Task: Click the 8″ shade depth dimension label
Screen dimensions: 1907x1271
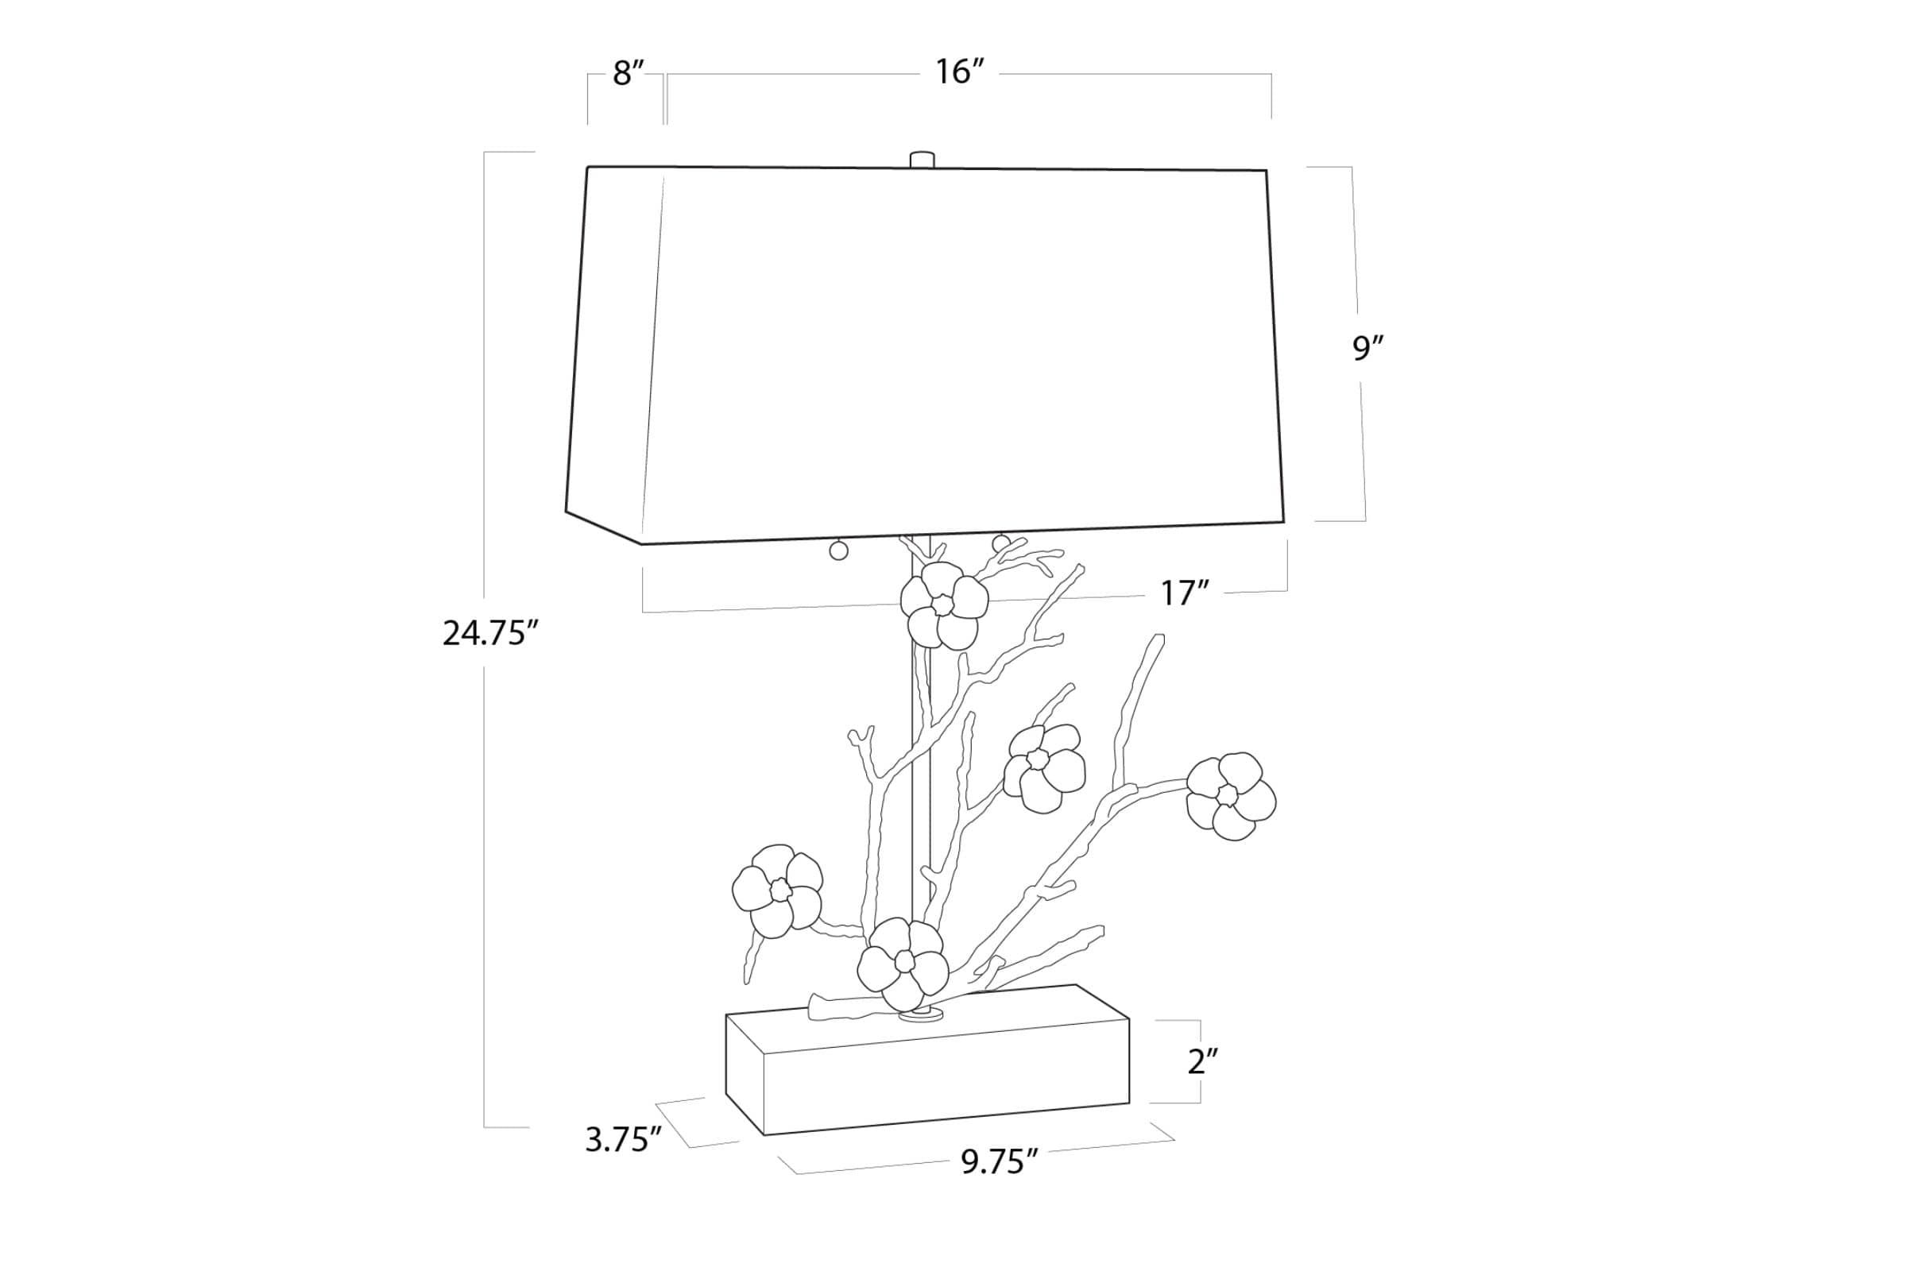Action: [x=629, y=74]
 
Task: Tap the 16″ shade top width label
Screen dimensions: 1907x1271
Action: [x=959, y=72]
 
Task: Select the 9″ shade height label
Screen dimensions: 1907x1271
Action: [x=1367, y=348]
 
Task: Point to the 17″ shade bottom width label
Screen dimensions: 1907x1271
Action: [x=1185, y=594]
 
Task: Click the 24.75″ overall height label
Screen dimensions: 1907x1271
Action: [x=490, y=633]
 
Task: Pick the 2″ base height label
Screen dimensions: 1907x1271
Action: [x=1203, y=1061]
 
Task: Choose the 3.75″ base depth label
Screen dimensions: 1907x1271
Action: [x=624, y=1140]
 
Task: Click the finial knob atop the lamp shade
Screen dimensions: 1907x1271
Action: [x=922, y=159]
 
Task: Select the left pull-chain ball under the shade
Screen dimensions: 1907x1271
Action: [x=838, y=551]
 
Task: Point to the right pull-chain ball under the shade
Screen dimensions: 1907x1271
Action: [x=1001, y=543]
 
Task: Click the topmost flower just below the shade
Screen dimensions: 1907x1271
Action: [x=945, y=605]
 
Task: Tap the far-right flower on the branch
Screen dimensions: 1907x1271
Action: [x=1231, y=796]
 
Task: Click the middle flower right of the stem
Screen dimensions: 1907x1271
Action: [x=1044, y=768]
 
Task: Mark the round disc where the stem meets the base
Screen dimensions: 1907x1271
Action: [x=922, y=1014]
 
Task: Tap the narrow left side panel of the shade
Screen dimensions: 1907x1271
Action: [x=614, y=355]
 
